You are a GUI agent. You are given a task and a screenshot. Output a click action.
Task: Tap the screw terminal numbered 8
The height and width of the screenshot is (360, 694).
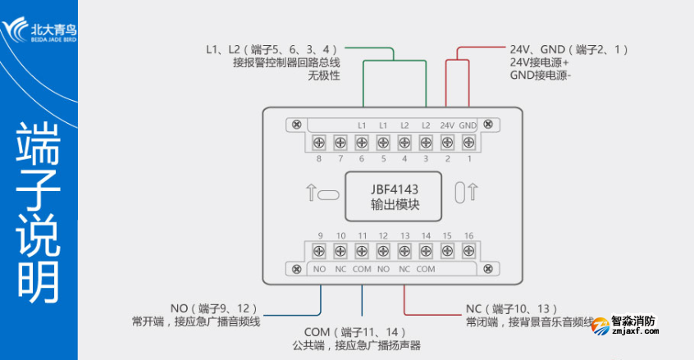click(319, 143)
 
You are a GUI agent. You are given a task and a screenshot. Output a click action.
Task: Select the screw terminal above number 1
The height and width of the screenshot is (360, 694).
click(468, 143)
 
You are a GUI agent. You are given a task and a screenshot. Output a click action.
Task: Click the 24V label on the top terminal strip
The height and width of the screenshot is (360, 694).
click(446, 125)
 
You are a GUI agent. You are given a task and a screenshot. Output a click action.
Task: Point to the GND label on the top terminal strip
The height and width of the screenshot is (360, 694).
click(468, 125)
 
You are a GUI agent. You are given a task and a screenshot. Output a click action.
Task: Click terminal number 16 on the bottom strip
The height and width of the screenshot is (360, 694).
click(468, 236)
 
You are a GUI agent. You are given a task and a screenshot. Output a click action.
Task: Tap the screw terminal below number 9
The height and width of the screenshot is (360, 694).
click(319, 253)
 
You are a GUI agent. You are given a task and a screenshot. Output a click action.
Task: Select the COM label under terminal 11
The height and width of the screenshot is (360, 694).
click(362, 269)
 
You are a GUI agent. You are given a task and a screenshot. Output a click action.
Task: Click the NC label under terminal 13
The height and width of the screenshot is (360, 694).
click(404, 269)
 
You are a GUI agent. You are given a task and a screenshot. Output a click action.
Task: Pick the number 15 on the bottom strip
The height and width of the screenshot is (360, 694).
click(447, 236)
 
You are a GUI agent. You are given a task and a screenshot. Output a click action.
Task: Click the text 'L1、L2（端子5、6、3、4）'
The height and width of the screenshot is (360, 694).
click(272, 49)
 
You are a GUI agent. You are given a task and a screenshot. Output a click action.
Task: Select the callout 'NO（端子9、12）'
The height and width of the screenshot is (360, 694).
click(215, 309)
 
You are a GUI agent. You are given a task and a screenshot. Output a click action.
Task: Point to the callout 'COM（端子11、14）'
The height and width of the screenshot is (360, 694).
click(360, 332)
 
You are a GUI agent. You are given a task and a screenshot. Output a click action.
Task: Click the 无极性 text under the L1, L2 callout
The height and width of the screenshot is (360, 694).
click(323, 76)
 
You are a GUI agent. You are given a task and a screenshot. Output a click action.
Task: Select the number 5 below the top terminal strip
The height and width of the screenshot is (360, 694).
click(382, 159)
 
